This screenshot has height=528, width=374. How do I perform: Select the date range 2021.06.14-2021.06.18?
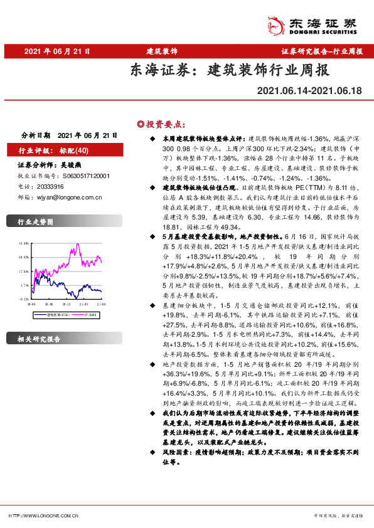click(x=309, y=91)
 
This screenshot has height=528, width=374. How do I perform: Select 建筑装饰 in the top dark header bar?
click(x=162, y=50)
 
